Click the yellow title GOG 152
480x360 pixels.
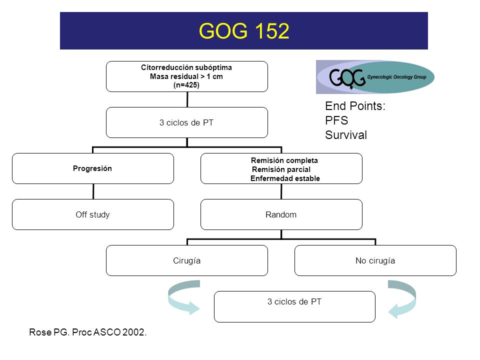pyautogui.click(x=244, y=31)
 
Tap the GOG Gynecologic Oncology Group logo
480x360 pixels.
pyautogui.click(x=375, y=77)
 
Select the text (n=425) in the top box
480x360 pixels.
pyautogui.click(x=186, y=85)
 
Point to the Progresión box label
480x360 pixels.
pyautogui.click(x=92, y=168)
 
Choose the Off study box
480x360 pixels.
pyautogui.click(x=93, y=214)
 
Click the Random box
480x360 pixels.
pyautogui.click(x=281, y=214)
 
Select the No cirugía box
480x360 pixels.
pyautogui.click(x=375, y=260)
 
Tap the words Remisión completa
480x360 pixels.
pyautogui.click(x=284, y=160)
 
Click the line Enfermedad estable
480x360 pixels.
pyautogui.click(x=285, y=178)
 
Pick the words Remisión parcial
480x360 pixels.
pyautogui.click(x=281, y=169)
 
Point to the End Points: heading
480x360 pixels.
pyautogui.click(x=355, y=106)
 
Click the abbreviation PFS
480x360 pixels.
pyautogui.click(x=336, y=120)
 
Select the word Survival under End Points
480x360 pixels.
pyautogui.click(x=346, y=135)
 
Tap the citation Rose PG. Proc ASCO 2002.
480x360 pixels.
pyautogui.click(x=88, y=332)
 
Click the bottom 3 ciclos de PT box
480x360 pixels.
pyautogui.click(x=294, y=306)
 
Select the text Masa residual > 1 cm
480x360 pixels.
pyautogui.click(x=186, y=76)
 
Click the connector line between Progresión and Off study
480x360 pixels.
pyautogui.click(x=93, y=191)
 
